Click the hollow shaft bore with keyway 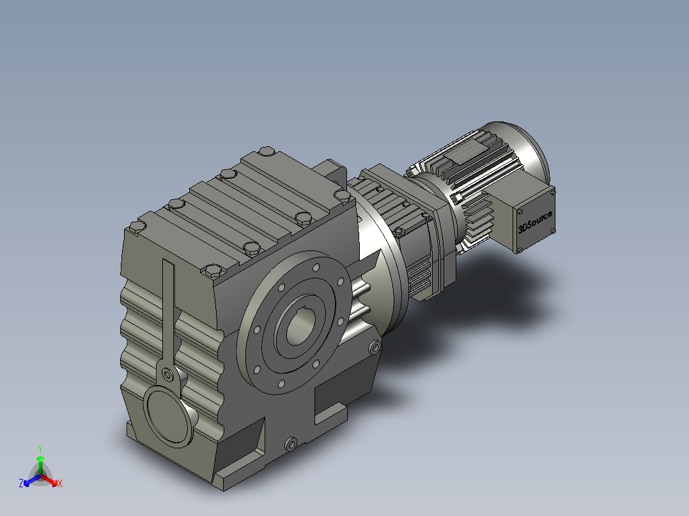click(x=300, y=328)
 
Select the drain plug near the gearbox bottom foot click(x=292, y=443)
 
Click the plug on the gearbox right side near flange click(x=375, y=348)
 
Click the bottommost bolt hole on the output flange click(x=281, y=383)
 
